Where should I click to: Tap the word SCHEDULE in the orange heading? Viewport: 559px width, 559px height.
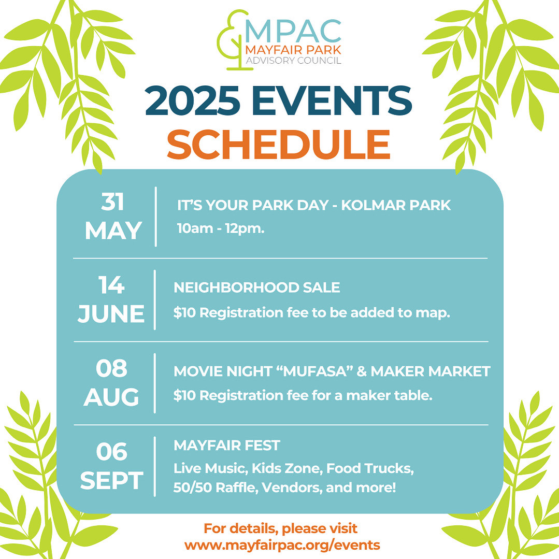point(278,144)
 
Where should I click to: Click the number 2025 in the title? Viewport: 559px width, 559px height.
point(192,101)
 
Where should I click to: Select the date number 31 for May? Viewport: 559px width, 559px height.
point(112,202)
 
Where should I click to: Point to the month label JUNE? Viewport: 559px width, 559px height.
point(111,314)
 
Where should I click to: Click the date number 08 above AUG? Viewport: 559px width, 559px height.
point(111,368)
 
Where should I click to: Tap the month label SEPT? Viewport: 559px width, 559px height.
point(111,481)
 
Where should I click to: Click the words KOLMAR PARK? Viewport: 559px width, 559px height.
point(396,205)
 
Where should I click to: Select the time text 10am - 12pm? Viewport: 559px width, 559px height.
point(221,228)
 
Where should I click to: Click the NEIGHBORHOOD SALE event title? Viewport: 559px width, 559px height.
point(256,288)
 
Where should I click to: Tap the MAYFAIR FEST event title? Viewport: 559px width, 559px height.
point(227,445)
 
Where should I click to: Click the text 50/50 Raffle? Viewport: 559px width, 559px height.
point(216,488)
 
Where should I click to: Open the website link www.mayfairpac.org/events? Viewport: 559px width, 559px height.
point(282,545)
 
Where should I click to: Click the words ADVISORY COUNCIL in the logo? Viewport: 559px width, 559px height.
point(293,60)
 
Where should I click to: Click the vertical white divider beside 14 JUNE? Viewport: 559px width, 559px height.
point(155,300)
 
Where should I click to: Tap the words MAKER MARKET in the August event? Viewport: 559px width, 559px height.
point(431,371)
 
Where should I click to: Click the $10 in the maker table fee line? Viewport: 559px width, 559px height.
point(184,396)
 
